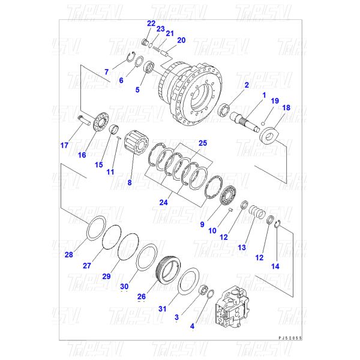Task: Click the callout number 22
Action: pos(151,23)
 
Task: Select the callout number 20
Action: pos(181,40)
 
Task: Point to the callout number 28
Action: pos(69,255)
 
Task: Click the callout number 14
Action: pos(275,266)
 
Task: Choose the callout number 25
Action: pos(202,143)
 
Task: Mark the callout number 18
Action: pos(286,108)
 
